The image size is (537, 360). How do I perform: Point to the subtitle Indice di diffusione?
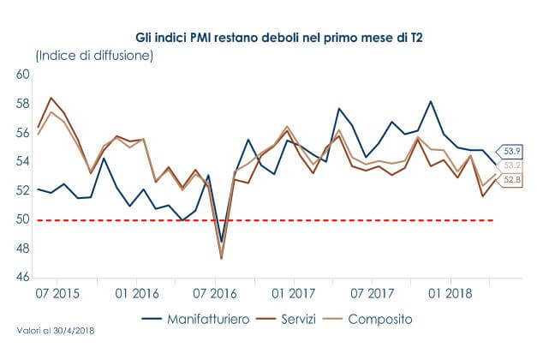(x=94, y=56)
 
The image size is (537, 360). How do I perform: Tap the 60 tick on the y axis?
(x=23, y=75)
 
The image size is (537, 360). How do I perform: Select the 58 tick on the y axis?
(x=23, y=104)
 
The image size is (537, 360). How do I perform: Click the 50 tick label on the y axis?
(x=23, y=219)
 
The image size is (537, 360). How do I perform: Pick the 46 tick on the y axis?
(x=23, y=278)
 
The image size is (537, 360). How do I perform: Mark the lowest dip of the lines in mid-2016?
(x=222, y=258)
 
